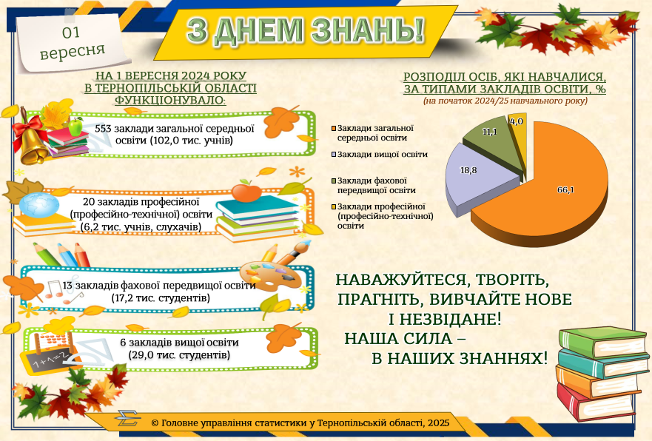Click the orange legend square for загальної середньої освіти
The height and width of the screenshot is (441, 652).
pyautogui.click(x=334, y=128)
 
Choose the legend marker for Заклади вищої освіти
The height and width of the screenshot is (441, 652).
pyautogui.click(x=334, y=154)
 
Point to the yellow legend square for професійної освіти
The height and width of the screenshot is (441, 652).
pyautogui.click(x=334, y=206)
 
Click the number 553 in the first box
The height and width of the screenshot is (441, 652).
pyautogui.click(x=103, y=129)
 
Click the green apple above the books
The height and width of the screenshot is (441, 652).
pyautogui.click(x=75, y=127)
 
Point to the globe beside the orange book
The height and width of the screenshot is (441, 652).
pyautogui.click(x=39, y=205)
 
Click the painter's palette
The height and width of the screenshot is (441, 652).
pyautogui.click(x=271, y=276)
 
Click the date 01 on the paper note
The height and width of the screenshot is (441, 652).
pyautogui.click(x=71, y=33)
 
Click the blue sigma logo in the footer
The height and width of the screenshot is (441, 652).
pyautogui.click(x=127, y=418)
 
